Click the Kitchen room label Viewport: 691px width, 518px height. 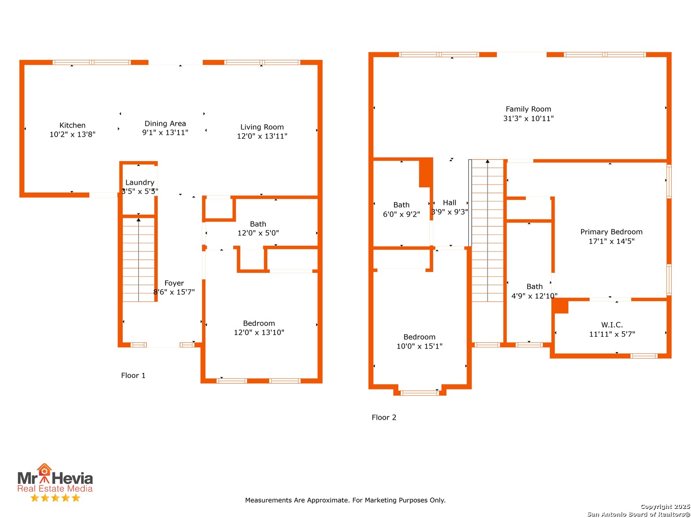(72, 125)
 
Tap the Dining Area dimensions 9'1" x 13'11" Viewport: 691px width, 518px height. (165, 132)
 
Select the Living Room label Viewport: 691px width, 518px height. (262, 127)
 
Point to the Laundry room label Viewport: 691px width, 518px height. (140, 182)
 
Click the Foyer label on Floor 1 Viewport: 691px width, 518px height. (174, 283)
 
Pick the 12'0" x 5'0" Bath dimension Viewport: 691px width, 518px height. (258, 233)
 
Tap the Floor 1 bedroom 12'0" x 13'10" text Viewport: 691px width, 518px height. (259, 332)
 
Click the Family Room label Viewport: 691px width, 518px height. (528, 109)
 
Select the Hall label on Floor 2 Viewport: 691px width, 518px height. (449, 202)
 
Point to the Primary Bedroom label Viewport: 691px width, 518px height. (611, 232)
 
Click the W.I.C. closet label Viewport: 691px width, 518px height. (612, 325)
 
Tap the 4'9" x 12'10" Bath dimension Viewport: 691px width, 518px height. (534, 295)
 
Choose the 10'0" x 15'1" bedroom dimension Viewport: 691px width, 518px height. (419, 346)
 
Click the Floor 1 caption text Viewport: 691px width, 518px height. (133, 375)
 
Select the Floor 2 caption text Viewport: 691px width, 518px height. (384, 417)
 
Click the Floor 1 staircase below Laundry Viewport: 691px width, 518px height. (138, 259)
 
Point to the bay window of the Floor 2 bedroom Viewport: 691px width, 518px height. (419, 392)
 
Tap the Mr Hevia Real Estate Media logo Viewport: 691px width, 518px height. (55, 482)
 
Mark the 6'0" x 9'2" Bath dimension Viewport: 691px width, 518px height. (401, 214)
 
